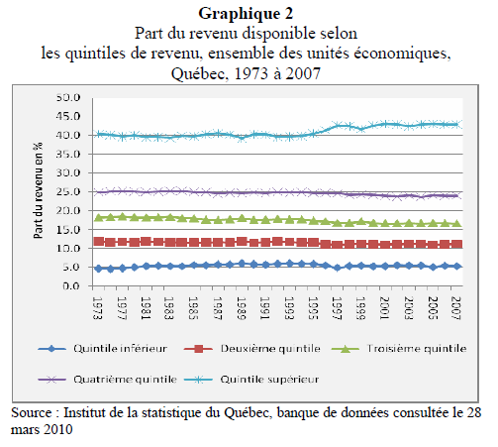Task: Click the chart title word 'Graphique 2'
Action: (249, 13)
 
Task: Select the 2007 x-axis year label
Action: (454, 305)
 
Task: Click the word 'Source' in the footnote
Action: (33, 411)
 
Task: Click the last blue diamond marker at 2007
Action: (454, 266)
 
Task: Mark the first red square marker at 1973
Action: (97, 241)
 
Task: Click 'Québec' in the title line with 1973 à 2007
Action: (201, 72)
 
